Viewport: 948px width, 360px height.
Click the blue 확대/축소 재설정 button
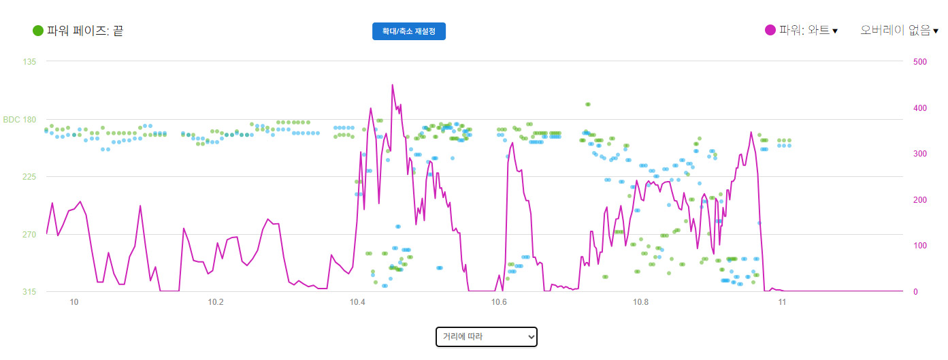(x=408, y=31)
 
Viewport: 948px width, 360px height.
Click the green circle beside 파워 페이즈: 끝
(x=38, y=31)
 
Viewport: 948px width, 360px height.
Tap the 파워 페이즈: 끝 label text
(x=85, y=31)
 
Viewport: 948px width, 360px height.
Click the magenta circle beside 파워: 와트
(x=770, y=30)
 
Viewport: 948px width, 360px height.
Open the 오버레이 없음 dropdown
(x=899, y=31)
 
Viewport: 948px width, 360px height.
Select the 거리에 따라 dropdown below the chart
(x=486, y=336)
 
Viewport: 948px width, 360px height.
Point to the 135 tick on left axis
(x=30, y=62)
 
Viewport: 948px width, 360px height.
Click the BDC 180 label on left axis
(x=20, y=120)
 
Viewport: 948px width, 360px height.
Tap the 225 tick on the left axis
(x=30, y=177)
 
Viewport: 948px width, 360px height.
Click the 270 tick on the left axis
(x=30, y=235)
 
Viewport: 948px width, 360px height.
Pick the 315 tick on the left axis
(x=30, y=292)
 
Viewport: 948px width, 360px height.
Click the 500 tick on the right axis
(x=919, y=62)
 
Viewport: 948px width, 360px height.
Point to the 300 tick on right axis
(x=919, y=154)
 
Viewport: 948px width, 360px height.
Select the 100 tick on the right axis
(x=919, y=246)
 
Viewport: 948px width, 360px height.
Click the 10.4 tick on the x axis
(x=357, y=301)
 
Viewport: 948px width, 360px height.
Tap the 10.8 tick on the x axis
(x=640, y=301)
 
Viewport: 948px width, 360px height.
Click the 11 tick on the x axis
(x=782, y=301)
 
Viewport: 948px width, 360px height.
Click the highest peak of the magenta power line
(x=393, y=85)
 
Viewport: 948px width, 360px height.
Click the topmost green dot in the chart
(x=588, y=104)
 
